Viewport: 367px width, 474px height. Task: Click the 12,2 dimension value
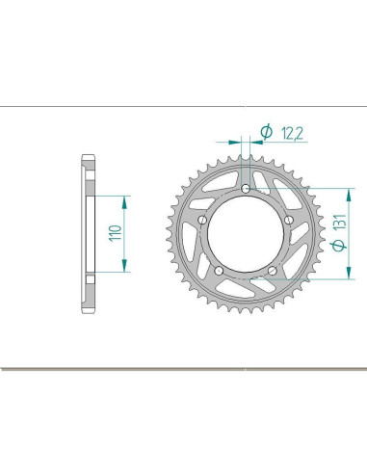point(292,133)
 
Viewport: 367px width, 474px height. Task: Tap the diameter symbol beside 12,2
point(266,132)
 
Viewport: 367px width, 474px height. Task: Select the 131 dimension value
point(339,222)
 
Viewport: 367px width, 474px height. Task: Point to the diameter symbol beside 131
point(339,246)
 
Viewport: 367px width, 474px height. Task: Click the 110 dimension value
point(116,233)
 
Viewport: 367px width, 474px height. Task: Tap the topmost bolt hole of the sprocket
point(246,189)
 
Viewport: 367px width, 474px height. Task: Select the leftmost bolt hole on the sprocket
point(202,220)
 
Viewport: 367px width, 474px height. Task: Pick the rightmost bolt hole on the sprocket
point(289,220)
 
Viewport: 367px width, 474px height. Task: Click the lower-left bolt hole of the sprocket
point(219,271)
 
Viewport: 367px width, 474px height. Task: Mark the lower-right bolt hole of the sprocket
point(273,271)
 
